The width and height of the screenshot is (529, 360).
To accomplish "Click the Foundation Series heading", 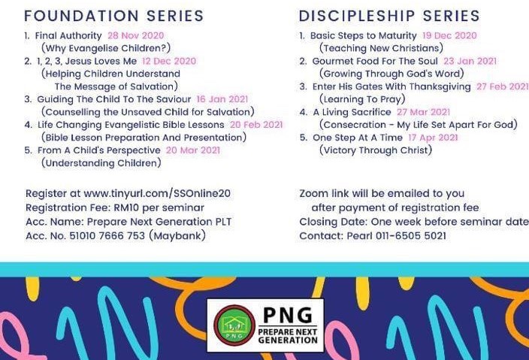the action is click(114, 16).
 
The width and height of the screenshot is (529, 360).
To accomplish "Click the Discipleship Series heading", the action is click(389, 16).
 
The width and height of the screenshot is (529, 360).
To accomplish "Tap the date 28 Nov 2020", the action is click(135, 35).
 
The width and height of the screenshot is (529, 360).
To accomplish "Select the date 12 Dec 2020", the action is click(169, 61).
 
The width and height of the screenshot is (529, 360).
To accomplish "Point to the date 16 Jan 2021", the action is click(222, 99).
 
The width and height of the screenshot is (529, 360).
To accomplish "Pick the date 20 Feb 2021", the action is click(256, 125).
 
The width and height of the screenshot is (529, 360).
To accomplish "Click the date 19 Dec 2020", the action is click(449, 35).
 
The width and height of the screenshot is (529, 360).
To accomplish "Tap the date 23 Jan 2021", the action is click(470, 61).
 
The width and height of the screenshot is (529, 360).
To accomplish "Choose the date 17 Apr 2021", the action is click(433, 138).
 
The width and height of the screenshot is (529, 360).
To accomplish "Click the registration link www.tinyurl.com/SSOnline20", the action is click(157, 193).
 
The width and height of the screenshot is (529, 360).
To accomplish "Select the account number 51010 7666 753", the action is click(107, 235).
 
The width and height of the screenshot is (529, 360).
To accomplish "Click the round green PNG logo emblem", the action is click(234, 325).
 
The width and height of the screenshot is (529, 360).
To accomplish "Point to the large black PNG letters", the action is click(288, 315).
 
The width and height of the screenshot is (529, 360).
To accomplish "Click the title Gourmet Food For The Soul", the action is click(375, 61).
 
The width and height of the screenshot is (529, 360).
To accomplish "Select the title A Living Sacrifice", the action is click(352, 112).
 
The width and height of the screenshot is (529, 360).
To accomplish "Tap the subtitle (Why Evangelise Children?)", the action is click(106, 48).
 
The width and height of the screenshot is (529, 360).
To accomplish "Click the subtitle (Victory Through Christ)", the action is click(376, 150).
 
